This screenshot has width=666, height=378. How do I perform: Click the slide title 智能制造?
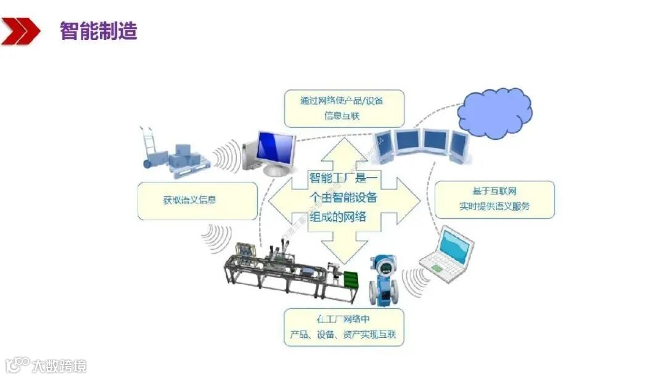click(98, 30)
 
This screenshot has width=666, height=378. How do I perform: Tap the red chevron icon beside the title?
click(21, 31)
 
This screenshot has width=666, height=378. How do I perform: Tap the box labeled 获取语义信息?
click(197, 200)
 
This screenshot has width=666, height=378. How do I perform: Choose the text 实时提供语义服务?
click(494, 206)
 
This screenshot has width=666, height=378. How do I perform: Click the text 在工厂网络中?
click(343, 319)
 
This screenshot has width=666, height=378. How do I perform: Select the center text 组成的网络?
click(337, 216)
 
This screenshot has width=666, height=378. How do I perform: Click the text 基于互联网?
click(494, 191)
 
